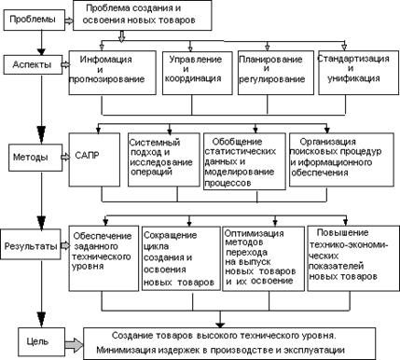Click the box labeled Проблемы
[34, 20]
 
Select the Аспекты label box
[33, 64]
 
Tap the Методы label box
[35, 158]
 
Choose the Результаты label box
[31, 244]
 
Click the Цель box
[41, 342]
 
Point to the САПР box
[94, 159]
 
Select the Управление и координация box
[198, 73]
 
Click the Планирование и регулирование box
[276, 73]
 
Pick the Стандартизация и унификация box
[359, 73]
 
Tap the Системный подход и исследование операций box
[164, 159]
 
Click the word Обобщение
[237, 142]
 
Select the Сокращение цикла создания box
[181, 258]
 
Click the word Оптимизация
[254, 233]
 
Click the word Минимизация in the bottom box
[126, 350]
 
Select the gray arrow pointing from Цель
[75, 345]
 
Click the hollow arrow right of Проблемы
[69, 21]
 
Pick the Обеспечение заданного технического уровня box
[103, 258]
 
